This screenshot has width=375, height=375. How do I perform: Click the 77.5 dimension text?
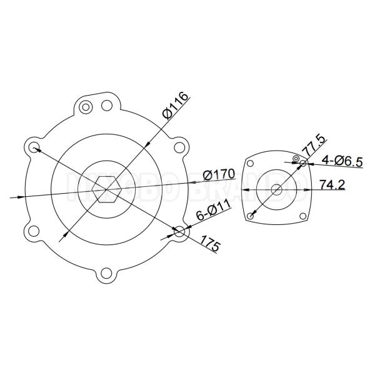(308, 147)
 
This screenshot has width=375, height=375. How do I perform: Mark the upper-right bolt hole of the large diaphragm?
(180, 148)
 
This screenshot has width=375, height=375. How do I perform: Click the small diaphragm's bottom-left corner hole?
(250, 216)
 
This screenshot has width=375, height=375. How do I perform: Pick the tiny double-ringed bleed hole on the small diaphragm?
(292, 159)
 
